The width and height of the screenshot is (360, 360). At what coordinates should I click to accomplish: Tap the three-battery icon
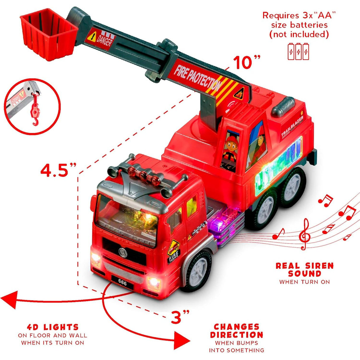298,51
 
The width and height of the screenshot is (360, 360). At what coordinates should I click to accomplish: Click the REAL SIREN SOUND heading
305,270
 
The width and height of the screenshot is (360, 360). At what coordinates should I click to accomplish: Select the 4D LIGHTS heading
52,327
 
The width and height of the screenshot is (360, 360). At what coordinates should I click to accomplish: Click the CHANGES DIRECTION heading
236,331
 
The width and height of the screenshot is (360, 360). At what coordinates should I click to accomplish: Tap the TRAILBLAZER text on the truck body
292,126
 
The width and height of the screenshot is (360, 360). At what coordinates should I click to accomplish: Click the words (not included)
299,34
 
